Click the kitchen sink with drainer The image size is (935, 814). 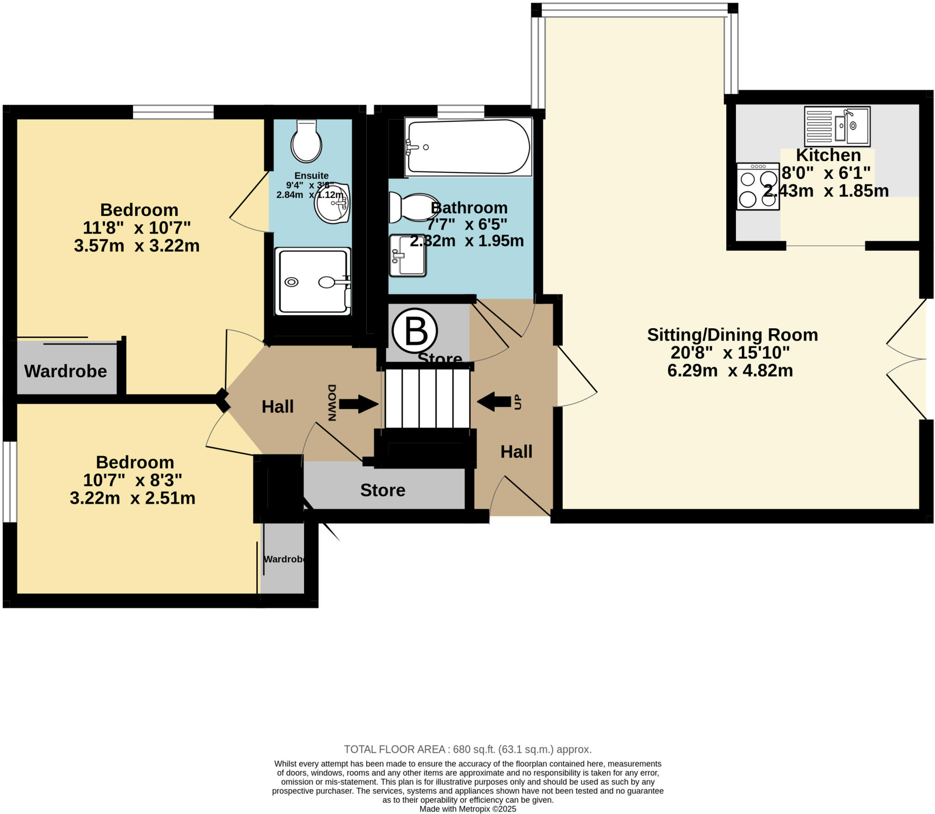coord(837,126)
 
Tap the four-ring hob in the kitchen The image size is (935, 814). coord(757,186)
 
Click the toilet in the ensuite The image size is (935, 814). coord(306,142)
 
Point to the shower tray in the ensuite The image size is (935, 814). coord(313,282)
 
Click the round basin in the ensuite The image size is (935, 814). coord(332,204)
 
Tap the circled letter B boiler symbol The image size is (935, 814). coord(415,331)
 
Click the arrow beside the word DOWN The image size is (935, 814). coord(358,404)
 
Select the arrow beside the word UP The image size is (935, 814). coord(494,402)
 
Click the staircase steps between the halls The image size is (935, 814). coord(427,398)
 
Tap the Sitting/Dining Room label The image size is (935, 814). coord(732,335)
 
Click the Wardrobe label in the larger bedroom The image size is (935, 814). coord(65,371)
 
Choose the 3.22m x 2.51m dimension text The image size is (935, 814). coord(132,498)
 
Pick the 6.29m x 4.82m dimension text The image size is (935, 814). coord(730,370)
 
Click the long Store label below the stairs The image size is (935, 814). coord(383,490)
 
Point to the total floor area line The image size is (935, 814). coord(467,749)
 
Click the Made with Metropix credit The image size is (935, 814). coord(467,809)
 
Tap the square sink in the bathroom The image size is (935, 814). coord(407,256)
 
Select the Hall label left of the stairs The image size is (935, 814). coord(277,406)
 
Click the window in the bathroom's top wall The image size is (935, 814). coord(461,111)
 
